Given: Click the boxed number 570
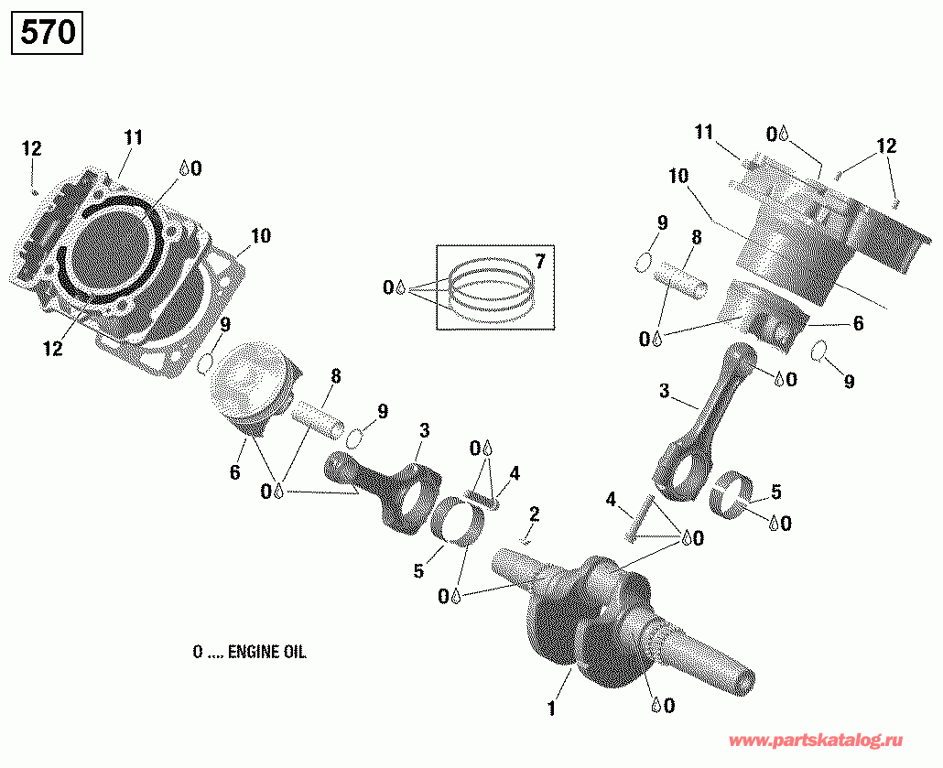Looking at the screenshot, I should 47,34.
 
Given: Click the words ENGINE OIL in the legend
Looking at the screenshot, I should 266,653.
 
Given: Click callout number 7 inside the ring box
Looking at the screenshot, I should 540,263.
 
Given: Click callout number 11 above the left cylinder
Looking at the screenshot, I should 134,138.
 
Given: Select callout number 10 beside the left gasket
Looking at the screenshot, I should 261,236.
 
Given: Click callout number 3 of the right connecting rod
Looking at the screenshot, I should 664,392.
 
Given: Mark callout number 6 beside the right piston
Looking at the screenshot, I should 857,323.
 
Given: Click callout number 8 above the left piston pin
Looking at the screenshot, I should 336,375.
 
